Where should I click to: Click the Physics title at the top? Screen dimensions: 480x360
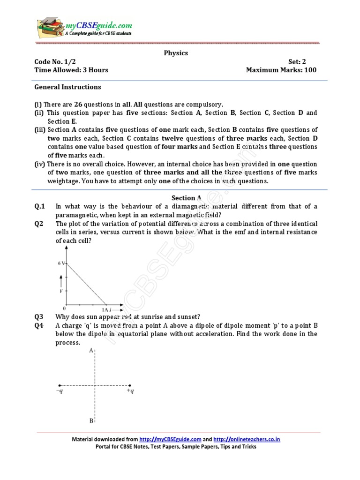(175, 53)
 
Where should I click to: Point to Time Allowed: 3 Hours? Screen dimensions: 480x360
(71, 70)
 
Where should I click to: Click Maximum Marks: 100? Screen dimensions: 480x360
(281, 70)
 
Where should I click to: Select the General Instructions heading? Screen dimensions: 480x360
(67, 87)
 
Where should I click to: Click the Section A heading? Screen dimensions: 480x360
(175, 198)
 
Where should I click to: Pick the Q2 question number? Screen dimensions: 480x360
(38, 224)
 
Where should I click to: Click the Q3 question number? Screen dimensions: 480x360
(38, 316)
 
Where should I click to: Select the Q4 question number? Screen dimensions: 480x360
(38, 325)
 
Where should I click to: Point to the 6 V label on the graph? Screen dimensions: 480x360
(61, 263)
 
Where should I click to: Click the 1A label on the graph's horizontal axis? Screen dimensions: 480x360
(105, 310)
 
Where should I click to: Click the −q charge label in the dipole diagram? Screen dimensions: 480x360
(59, 390)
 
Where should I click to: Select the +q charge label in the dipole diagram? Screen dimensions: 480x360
(130, 390)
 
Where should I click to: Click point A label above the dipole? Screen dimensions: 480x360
(91, 351)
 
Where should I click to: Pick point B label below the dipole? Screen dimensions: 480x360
(91, 420)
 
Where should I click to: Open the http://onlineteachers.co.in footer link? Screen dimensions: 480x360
(247, 439)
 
